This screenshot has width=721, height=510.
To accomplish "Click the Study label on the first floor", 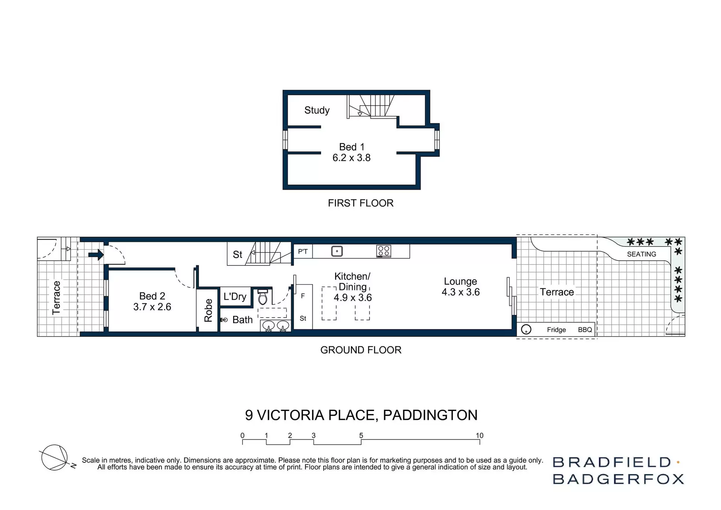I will click(x=317, y=110).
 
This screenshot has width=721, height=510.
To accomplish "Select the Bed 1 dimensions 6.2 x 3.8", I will click(x=351, y=158).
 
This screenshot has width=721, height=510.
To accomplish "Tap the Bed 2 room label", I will click(x=152, y=296).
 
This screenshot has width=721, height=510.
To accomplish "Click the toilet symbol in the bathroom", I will click(x=263, y=298).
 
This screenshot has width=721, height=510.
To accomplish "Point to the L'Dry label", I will click(x=235, y=297).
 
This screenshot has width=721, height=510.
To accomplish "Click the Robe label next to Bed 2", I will click(x=208, y=310).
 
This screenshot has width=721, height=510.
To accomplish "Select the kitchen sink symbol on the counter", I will click(x=337, y=251).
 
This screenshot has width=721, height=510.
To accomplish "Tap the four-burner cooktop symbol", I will click(x=383, y=251).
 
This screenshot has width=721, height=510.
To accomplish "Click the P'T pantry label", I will click(x=303, y=252).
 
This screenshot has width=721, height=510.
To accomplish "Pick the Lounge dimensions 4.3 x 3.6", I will click(x=460, y=292).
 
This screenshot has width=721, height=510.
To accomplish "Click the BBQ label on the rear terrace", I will click(x=585, y=330).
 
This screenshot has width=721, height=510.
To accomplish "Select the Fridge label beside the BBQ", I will click(x=556, y=330).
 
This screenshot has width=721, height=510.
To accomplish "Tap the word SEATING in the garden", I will click(x=641, y=254).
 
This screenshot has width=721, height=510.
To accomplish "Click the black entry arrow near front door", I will click(x=96, y=255).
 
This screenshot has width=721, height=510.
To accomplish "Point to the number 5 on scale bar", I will click(x=361, y=435).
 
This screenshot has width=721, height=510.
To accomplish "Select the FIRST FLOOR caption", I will click(x=360, y=203).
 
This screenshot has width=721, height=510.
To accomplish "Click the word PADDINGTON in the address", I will click(x=430, y=415).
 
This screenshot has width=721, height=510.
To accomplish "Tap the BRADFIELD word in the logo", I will click(x=611, y=462).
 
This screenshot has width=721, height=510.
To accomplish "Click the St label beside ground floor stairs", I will click(x=237, y=255).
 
